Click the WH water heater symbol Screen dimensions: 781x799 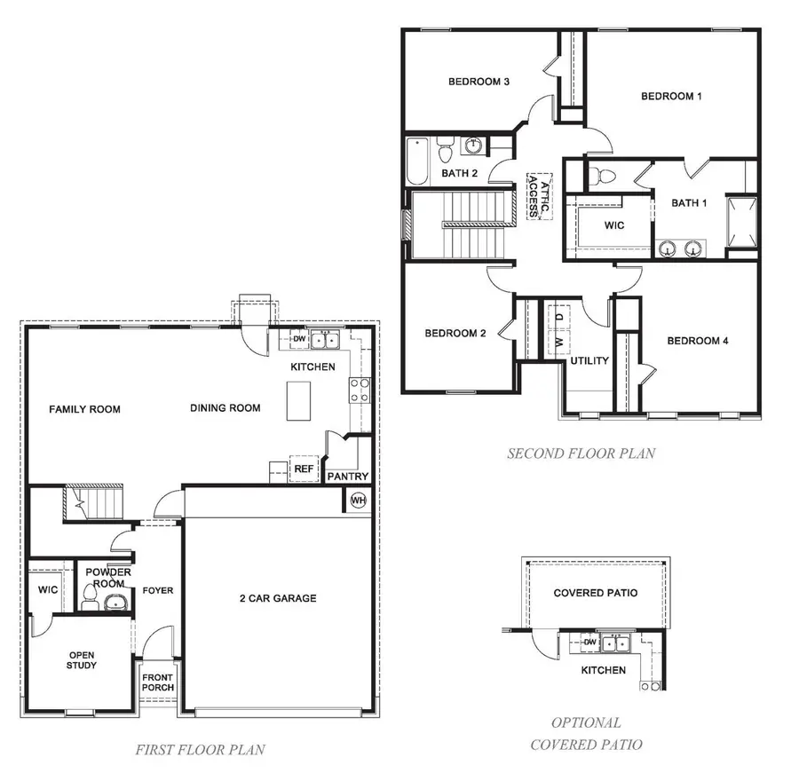(x=359, y=500)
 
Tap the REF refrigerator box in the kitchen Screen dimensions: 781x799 (x=304, y=469)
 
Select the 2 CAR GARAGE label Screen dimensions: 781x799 (x=279, y=598)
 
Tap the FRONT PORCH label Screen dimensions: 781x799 (x=158, y=682)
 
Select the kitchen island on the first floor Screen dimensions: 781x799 (x=297, y=401)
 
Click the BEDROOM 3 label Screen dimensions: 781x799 (x=478, y=83)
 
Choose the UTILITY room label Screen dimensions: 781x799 (x=589, y=360)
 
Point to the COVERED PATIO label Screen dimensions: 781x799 (x=595, y=593)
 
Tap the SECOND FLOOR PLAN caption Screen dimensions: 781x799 (x=581, y=454)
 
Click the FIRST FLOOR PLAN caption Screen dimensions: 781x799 (x=200, y=750)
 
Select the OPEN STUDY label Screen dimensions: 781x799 (x=82, y=660)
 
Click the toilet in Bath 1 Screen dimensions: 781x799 (x=607, y=174)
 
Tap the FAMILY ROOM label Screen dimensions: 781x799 (x=84, y=409)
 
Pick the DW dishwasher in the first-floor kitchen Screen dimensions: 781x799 (x=299, y=339)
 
